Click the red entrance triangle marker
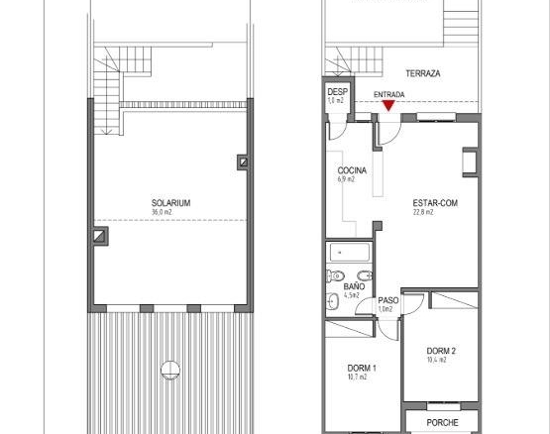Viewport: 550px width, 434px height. [x=388, y=106]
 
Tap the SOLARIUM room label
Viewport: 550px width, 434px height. [x=170, y=203]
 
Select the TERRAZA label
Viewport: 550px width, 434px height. [x=423, y=73]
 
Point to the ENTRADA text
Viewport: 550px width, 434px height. [x=389, y=95]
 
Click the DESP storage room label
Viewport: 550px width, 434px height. [x=338, y=92]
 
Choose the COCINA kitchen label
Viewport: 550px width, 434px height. [x=352, y=170]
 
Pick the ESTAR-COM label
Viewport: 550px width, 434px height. [x=435, y=203]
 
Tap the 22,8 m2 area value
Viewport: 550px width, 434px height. [x=423, y=212]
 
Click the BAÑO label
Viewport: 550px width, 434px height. [x=354, y=286]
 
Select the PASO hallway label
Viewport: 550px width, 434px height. [x=388, y=300]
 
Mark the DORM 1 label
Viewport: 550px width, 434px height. [x=362, y=368]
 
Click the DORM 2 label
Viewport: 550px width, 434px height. [x=441, y=351]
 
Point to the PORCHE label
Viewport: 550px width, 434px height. [x=442, y=423]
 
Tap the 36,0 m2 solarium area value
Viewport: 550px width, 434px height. [x=162, y=212]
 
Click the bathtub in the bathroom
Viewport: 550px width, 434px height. [x=350, y=253]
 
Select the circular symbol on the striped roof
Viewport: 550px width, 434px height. [x=170, y=371]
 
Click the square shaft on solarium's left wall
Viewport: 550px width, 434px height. [x=100, y=236]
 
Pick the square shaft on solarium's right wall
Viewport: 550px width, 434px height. [x=244, y=163]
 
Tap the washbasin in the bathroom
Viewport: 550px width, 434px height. [x=332, y=301]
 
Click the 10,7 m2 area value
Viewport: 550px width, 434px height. [x=357, y=378]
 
